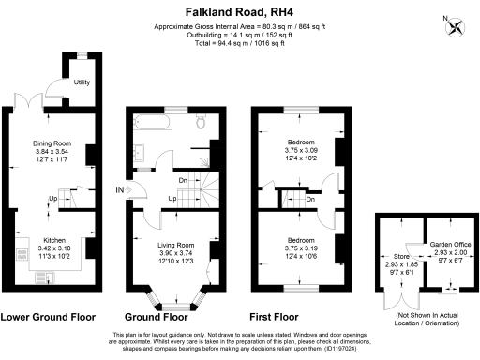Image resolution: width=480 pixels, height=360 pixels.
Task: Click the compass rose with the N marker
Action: tap(457, 27)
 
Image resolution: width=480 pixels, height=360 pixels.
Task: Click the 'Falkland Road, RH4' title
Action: tap(240, 8)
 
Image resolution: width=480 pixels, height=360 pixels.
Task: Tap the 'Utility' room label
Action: tap(82, 82)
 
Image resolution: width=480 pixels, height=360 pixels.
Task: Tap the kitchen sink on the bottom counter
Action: tap(44, 276)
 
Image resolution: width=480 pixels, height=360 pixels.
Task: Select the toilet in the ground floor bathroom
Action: tap(200, 123)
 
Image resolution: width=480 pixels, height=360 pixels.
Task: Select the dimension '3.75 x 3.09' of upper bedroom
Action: tap(303, 150)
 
